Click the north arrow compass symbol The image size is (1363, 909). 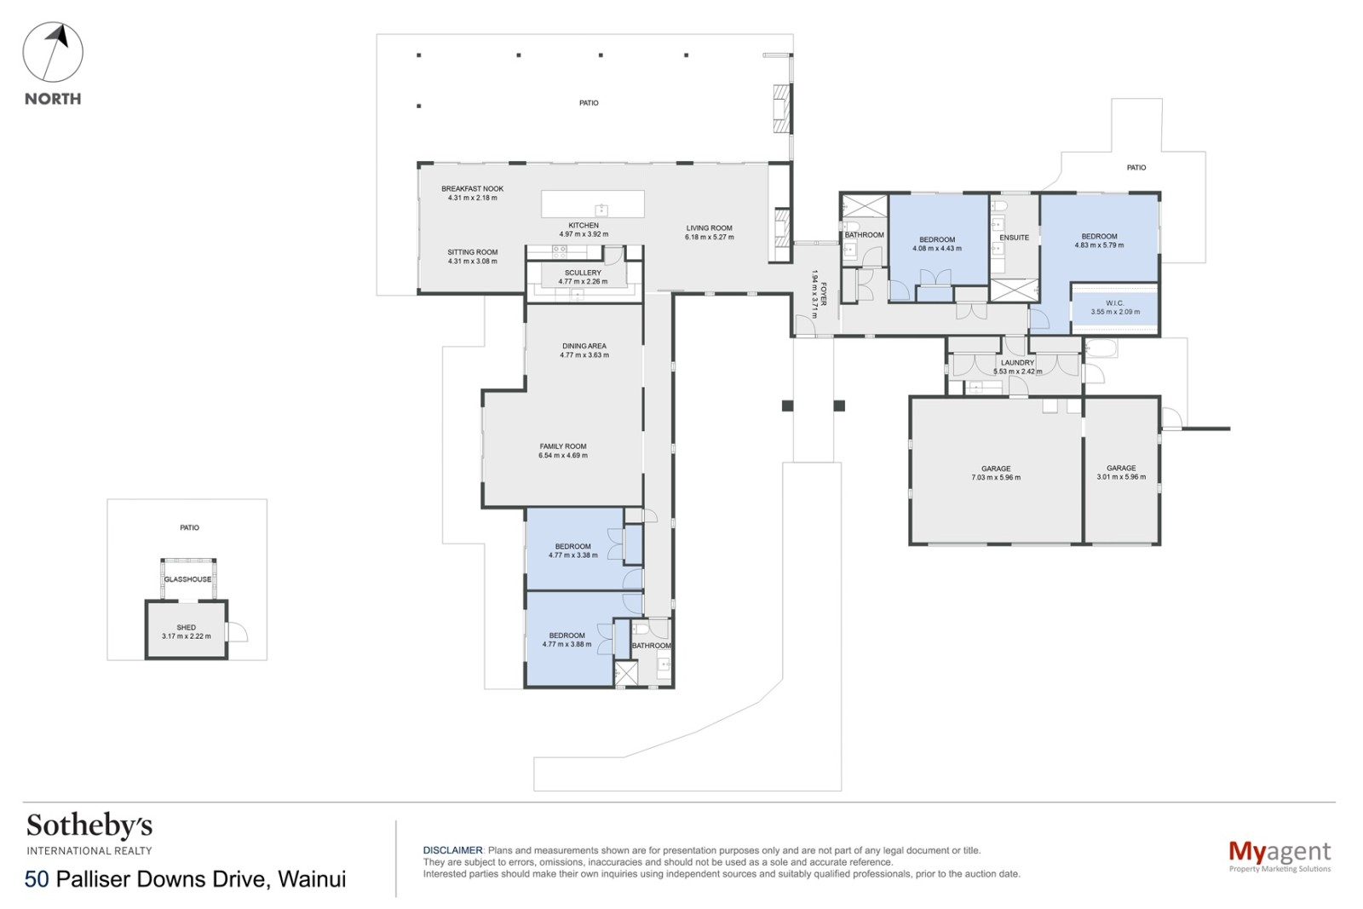point(53,52)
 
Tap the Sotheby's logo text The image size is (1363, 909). point(89,826)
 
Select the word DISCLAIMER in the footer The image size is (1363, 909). point(452,850)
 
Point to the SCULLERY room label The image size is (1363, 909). point(583,273)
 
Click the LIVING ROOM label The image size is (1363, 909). point(710,228)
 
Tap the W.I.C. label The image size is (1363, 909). point(1115,303)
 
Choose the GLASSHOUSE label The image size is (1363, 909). point(188,579)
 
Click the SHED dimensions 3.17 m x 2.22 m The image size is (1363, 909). point(187,636)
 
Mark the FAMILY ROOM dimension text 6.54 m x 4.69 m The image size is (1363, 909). point(563,455)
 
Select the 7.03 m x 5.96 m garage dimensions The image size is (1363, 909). point(996,478)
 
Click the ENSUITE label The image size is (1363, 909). point(1015,238)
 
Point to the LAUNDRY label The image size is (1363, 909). point(1017,363)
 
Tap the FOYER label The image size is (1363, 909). point(823,294)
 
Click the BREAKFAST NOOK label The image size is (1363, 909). point(473,188)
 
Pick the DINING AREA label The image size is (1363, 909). point(584,346)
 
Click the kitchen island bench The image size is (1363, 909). point(593,204)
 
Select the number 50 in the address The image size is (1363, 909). point(37,879)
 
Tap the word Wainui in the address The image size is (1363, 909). point(312,879)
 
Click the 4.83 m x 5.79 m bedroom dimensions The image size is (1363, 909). point(1100,246)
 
